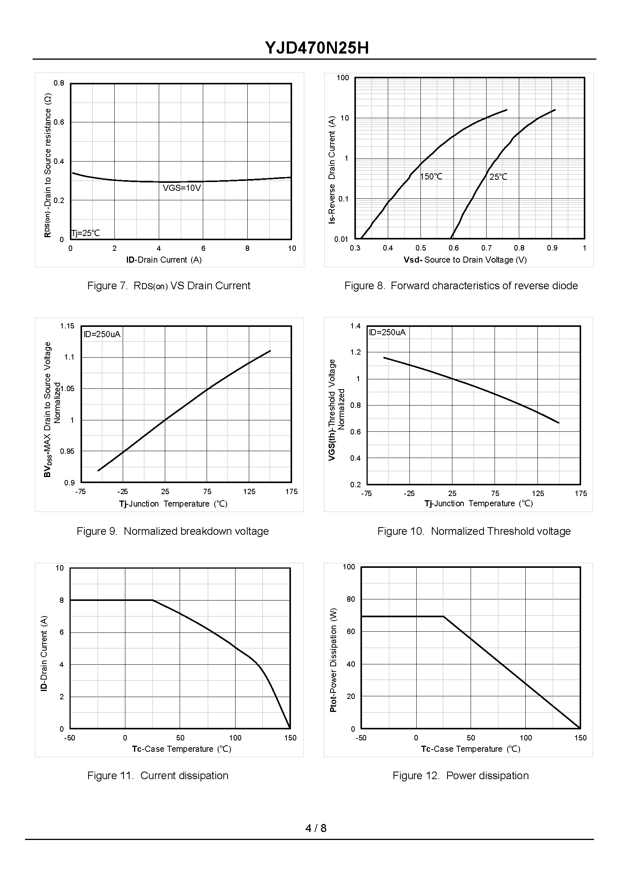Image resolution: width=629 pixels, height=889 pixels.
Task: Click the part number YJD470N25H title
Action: click(x=316, y=48)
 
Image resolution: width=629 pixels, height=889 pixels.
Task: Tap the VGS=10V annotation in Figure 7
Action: click(x=182, y=189)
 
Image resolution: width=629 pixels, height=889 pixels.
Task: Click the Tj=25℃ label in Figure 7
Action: click(x=85, y=233)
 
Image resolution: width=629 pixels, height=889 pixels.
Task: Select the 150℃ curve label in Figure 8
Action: click(x=431, y=177)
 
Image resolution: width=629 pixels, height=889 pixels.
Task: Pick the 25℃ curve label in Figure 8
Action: click(x=498, y=177)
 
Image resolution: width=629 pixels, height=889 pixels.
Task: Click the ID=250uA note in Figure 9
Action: click(x=102, y=334)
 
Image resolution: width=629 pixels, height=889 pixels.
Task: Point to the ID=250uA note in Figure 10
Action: click(x=387, y=332)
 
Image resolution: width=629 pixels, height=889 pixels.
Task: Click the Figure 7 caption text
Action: click(x=169, y=285)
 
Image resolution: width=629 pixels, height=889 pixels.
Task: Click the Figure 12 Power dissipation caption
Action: click(x=460, y=775)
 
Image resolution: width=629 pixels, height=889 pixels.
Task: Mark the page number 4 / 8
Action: click(x=316, y=828)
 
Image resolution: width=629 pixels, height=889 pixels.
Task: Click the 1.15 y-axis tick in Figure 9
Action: click(x=67, y=326)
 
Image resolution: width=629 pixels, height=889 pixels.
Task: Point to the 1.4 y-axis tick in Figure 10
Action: click(x=355, y=326)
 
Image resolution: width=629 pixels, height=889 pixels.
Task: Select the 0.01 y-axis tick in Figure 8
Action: click(x=341, y=239)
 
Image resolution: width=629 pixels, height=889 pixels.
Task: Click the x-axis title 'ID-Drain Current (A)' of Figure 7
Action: click(x=164, y=260)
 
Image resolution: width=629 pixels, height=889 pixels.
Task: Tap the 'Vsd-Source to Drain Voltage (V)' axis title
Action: click(x=465, y=260)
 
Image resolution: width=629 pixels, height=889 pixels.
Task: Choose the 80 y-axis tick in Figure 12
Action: click(x=351, y=599)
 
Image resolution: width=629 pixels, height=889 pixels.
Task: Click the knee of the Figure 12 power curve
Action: click(x=444, y=616)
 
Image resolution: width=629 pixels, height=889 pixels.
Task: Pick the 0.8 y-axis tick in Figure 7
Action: click(x=59, y=83)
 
